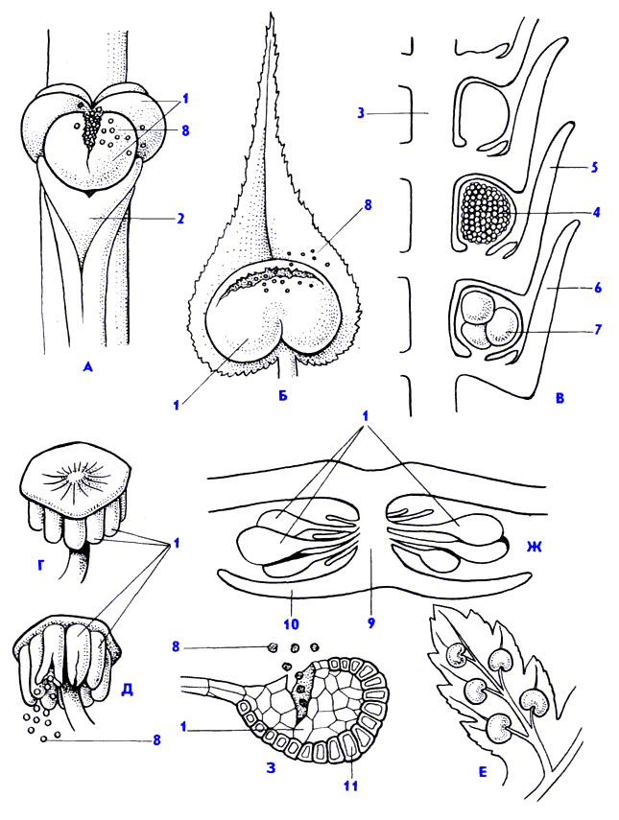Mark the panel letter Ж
[x=534, y=548]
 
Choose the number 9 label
[x=371, y=621]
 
